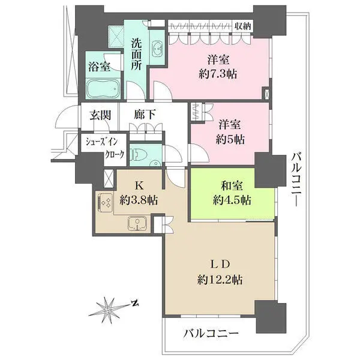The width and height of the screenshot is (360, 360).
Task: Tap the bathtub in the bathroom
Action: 104,90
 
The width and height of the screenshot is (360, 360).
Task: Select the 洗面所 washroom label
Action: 136,54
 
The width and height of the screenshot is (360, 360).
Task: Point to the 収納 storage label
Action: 242,25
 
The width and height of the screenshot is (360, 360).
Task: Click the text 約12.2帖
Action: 218,280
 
